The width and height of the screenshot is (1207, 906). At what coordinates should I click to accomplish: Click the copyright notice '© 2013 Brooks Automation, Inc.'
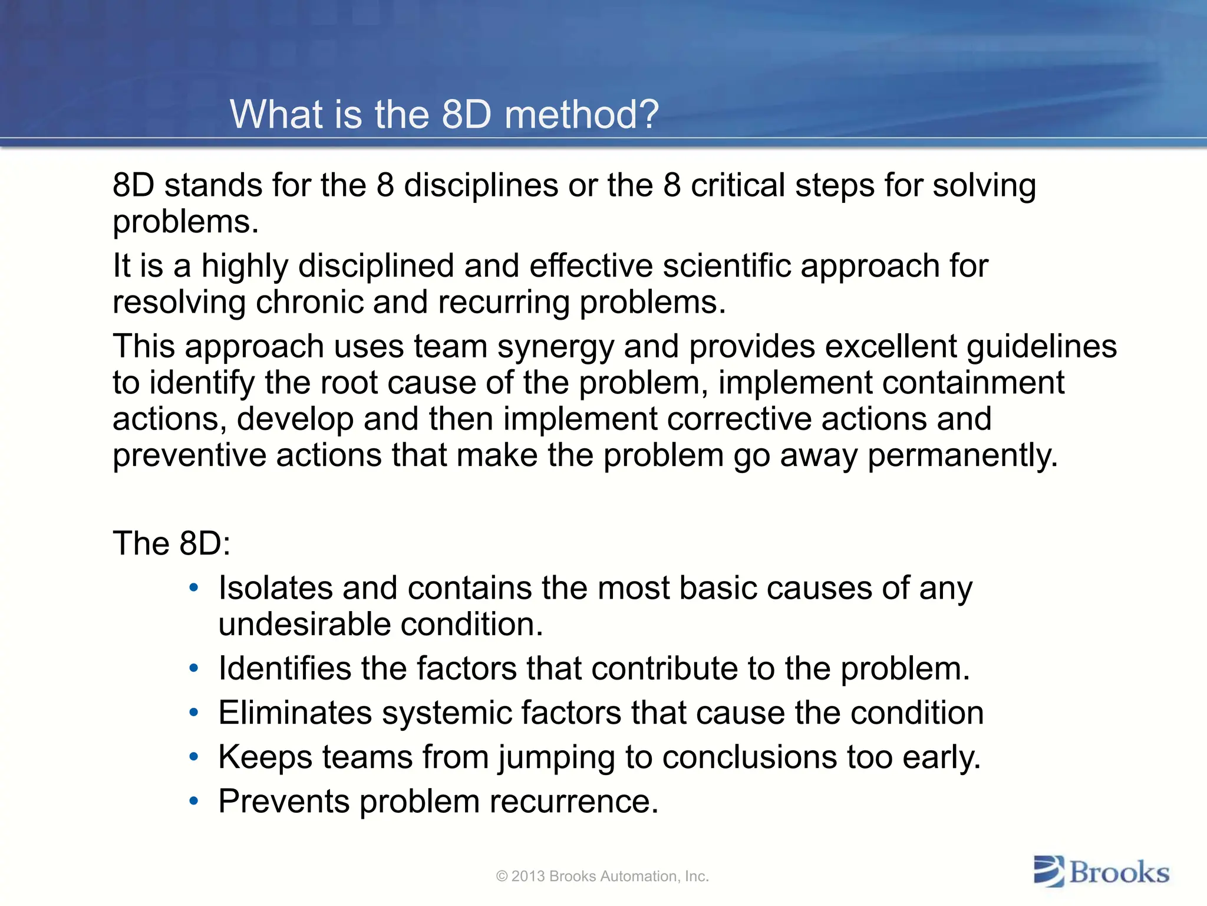click(602, 877)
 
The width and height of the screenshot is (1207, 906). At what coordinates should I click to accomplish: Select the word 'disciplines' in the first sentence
click(480, 186)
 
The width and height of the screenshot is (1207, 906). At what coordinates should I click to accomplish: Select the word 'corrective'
click(739, 419)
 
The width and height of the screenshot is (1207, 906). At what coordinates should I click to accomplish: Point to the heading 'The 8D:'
click(172, 543)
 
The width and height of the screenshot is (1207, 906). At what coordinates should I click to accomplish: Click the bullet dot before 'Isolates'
click(194, 588)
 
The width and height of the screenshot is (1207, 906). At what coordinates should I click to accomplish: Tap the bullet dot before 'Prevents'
click(194, 801)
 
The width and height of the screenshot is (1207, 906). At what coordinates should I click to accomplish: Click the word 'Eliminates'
click(295, 713)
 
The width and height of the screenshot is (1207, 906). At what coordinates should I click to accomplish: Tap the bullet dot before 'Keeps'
click(194, 757)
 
